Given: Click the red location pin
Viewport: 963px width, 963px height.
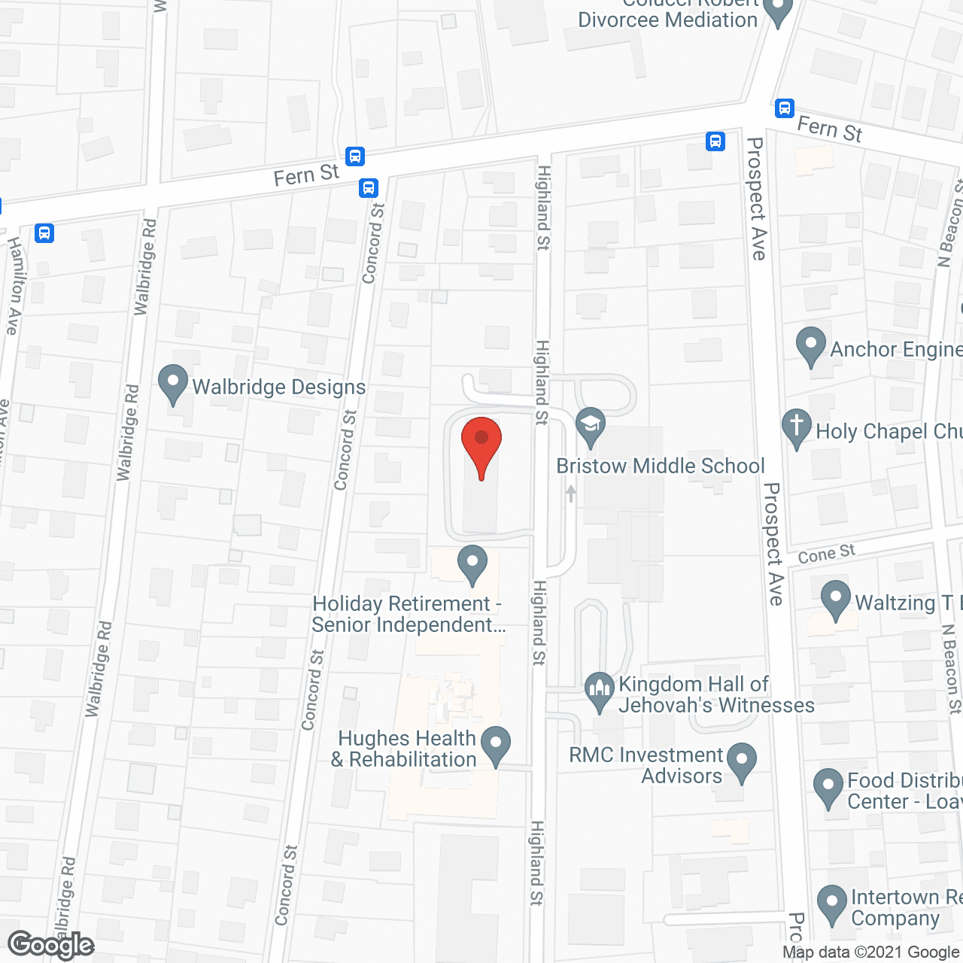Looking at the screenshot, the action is pos(481,444).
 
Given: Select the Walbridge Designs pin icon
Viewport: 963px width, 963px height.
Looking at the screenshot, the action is pos(173,384).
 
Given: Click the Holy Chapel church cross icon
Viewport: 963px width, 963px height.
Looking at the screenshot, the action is pos(796,429).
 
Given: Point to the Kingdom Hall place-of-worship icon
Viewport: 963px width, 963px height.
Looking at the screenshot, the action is pos(600,691).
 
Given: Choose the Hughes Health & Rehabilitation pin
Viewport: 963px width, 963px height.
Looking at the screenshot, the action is pos(496,745).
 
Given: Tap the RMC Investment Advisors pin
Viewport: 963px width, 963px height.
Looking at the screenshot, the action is pos(742,762).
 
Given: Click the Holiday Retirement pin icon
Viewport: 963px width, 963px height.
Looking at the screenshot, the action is pos(472,564).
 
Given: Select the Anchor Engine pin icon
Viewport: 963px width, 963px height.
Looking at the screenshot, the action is pos(810,347).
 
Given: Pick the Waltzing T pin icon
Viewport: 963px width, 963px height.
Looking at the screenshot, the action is pos(835,600).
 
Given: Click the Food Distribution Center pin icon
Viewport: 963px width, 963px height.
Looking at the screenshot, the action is pos(828,788).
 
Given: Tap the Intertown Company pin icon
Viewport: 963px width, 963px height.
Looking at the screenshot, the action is pos(832,905).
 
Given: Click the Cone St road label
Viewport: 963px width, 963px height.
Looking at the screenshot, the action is pos(826,554).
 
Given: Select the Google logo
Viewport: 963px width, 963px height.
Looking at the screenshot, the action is pos(51,945).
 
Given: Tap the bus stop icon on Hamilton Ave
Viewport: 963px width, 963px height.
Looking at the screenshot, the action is pos(44,233).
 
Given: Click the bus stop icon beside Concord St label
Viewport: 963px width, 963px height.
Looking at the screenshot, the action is pos(368,187).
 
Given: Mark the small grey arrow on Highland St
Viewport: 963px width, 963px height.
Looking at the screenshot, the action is pos(571,494).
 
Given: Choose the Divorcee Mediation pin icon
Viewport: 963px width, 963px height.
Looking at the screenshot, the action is pos(777,11).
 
